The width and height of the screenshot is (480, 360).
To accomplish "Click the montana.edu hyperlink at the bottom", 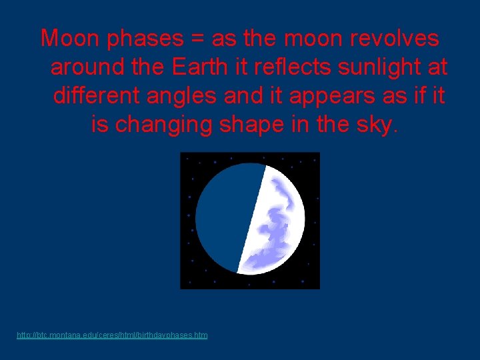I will tap(112, 335).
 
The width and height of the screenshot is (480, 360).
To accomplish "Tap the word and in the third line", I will tap(244, 96).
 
